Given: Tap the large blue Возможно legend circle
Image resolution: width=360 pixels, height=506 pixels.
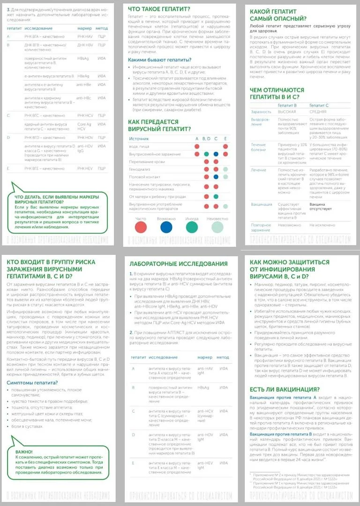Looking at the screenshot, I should click(166, 227).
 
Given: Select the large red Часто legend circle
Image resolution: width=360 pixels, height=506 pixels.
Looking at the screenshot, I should click(141, 227).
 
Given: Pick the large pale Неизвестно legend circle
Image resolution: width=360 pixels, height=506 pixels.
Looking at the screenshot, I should click(217, 227).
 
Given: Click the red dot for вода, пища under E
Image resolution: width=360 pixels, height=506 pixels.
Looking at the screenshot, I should click(225, 147).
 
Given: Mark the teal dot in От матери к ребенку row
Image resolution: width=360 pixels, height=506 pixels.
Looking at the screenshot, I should click(216, 196).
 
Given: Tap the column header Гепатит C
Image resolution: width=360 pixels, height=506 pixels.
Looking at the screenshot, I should click(319, 106).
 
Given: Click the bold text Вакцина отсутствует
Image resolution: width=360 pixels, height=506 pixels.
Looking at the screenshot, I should click(323, 207).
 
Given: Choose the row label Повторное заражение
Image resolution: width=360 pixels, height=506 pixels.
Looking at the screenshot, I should click(261, 227).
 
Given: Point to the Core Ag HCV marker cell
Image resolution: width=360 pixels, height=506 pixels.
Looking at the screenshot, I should click(84, 126).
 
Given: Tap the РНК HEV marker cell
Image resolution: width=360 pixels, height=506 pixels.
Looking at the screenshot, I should click(85, 168).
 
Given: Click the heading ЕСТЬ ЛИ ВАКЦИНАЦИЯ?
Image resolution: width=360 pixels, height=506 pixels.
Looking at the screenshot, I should click(285, 389).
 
